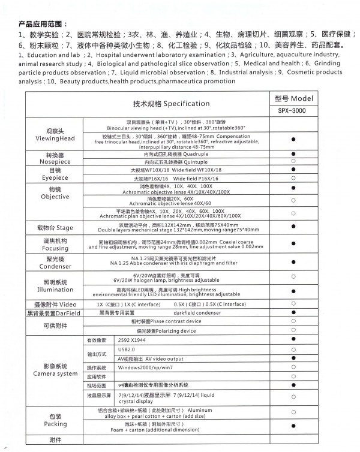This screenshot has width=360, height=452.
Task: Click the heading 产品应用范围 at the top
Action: (x=40, y=24)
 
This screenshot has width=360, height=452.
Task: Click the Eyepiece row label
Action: (x=55, y=178)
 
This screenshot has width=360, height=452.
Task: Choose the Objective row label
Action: (x=55, y=197)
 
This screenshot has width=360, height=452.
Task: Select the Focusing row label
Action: (x=55, y=248)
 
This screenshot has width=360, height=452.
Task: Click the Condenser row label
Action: (x=55, y=266)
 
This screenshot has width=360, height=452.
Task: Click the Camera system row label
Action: (x=55, y=373)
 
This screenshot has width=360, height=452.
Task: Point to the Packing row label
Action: (x=55, y=424)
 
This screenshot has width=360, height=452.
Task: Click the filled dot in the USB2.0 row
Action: (x=294, y=348)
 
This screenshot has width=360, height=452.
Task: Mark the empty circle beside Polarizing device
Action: (x=294, y=330)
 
